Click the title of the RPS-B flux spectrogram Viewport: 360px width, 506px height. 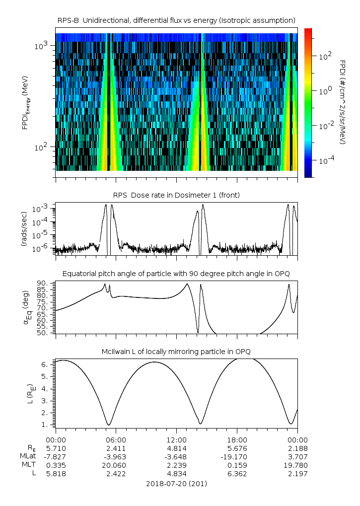click(176, 20)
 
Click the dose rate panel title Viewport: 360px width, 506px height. click(176, 195)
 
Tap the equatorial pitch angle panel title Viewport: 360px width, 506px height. click(176, 274)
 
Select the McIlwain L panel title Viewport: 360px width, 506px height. click(176, 352)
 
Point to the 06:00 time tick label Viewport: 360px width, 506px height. click(116, 439)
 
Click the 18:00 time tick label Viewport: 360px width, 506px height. click(237, 439)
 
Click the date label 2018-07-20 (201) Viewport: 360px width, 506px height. click(176, 483)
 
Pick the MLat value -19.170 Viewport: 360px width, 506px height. click(237, 456)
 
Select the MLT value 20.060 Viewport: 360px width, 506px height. click(116, 465)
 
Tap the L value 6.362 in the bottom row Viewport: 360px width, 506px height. click(237, 474)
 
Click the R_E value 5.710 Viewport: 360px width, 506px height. click(56, 448)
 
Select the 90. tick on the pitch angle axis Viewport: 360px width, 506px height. click(43, 283)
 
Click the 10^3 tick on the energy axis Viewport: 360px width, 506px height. click(40, 46)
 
